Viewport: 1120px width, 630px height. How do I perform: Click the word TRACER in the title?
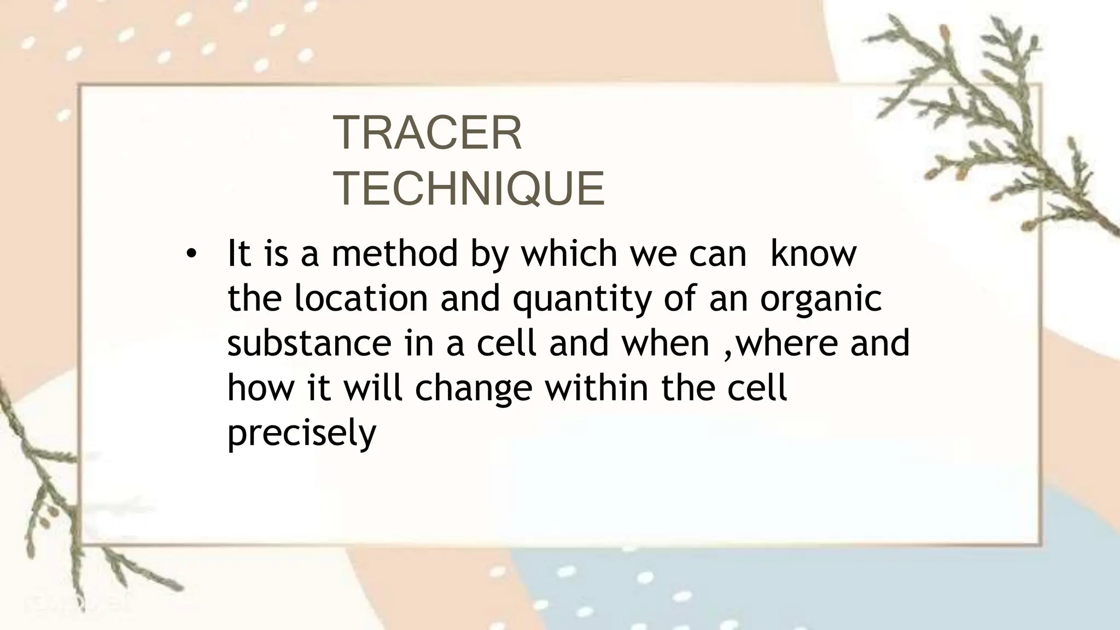pyautogui.click(x=427, y=133)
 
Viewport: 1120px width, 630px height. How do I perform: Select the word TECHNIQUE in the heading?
pyautogui.click(x=469, y=188)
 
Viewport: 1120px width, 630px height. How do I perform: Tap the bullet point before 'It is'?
pyautogui.click(x=190, y=254)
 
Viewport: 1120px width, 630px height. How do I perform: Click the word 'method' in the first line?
pyautogui.click(x=395, y=254)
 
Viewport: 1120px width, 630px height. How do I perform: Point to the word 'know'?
pyautogui.click(x=813, y=254)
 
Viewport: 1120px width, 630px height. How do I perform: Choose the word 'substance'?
pyautogui.click(x=309, y=343)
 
